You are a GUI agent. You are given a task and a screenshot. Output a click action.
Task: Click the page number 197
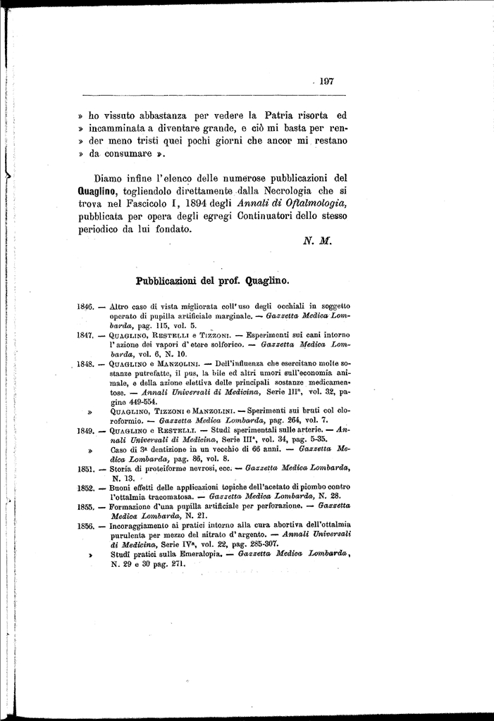coord(326,81)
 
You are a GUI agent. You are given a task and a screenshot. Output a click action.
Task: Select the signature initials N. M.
coord(312,239)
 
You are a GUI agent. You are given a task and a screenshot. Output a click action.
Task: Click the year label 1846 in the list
coord(85,307)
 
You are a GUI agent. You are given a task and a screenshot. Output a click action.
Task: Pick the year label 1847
coord(85,336)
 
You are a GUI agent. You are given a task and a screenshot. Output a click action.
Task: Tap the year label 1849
coord(85,430)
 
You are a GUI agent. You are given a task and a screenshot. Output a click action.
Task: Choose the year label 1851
coord(85,468)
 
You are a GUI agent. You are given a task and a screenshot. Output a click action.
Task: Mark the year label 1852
coord(85,487)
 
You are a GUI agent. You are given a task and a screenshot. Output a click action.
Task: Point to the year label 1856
coord(85,525)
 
